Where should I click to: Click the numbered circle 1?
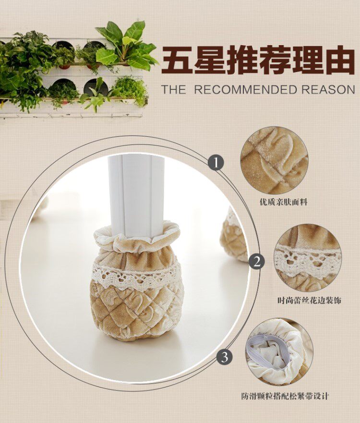(216, 163)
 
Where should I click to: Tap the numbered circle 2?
(256, 262)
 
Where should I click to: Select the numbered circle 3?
(225, 357)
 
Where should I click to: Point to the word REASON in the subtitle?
(328, 90)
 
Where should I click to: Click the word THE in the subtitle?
(174, 90)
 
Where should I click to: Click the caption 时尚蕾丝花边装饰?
(309, 300)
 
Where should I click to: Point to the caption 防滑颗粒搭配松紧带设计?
(285, 396)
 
